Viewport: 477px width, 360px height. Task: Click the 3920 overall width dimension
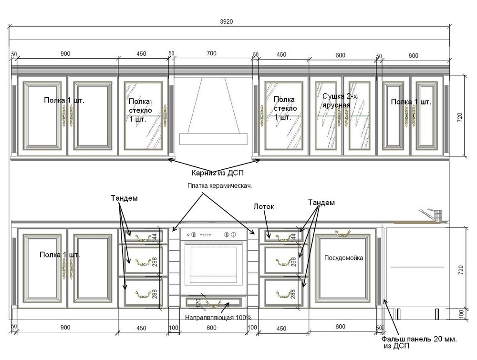click(226, 21)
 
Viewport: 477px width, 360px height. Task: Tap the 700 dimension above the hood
click(211, 53)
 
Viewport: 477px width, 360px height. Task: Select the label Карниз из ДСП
click(218, 173)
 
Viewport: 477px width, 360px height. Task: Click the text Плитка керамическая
click(219, 185)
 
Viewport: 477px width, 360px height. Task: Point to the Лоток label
click(264, 207)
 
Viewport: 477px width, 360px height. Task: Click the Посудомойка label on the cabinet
click(343, 258)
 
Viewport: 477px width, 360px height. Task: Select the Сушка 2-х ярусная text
click(340, 101)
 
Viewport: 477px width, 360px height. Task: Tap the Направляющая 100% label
click(218, 318)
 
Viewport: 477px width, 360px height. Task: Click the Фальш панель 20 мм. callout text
click(419, 339)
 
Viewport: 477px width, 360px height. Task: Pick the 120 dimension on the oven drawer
click(198, 302)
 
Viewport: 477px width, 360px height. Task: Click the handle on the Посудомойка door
click(342, 234)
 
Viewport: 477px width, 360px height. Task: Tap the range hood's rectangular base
click(213, 139)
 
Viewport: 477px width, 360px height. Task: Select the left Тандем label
click(124, 198)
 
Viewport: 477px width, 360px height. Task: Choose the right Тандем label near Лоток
click(321, 203)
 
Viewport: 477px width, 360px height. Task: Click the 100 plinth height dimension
click(461, 313)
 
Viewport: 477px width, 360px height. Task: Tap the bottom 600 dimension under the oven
click(211, 328)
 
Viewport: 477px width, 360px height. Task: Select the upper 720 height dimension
click(459, 117)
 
